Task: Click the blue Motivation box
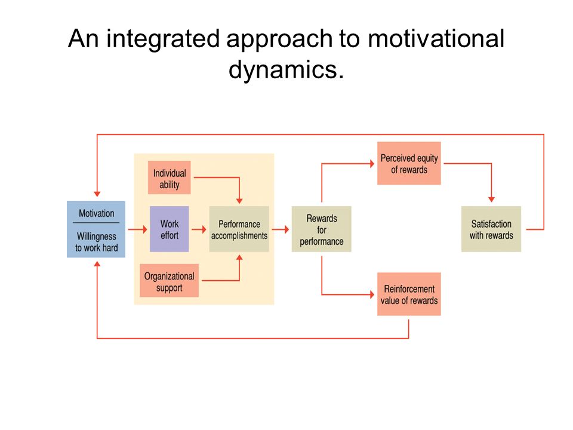point(96,229)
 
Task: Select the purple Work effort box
point(169,229)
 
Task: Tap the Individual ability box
point(169,177)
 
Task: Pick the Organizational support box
point(169,281)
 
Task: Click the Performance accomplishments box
point(239,229)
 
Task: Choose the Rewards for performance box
point(322,229)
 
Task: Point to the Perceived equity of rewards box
point(409,164)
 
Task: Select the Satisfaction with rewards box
point(491,229)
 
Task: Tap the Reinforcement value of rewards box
point(409,294)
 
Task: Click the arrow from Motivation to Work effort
point(137,229)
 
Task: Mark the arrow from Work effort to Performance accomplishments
point(199,229)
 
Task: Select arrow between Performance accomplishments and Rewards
point(281,229)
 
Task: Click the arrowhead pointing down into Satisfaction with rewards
point(491,199)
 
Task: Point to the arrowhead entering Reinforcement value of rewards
point(372,294)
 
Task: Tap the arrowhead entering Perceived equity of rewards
point(372,164)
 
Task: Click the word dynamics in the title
point(286,69)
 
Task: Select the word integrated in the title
point(163,39)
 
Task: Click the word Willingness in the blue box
point(97,236)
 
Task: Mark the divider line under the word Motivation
point(96,223)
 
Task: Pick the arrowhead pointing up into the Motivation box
point(97,263)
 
